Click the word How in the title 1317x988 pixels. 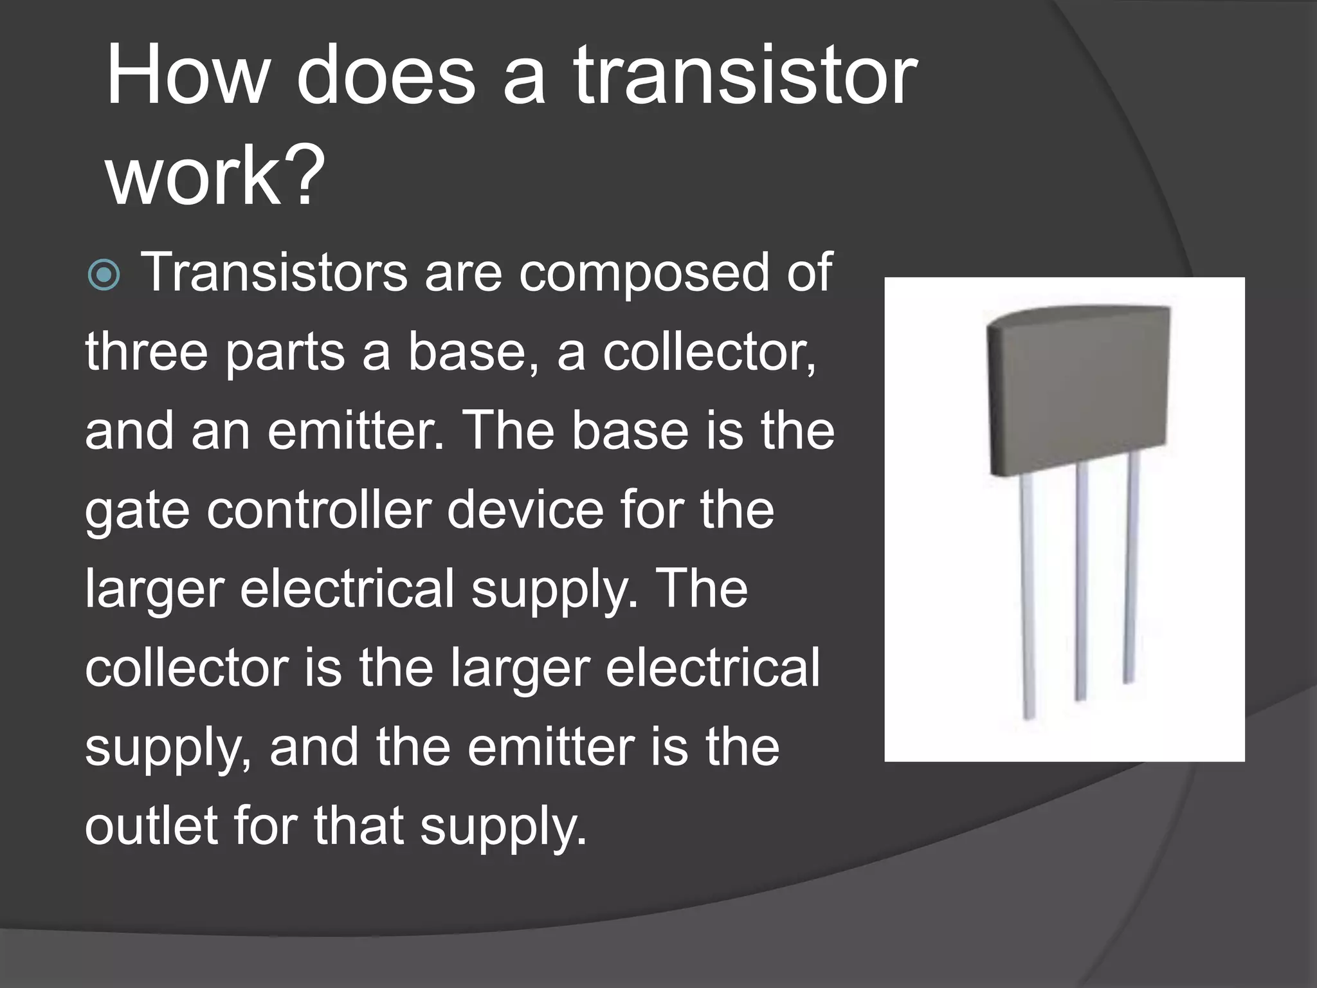click(186, 75)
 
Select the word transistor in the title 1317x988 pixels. click(746, 75)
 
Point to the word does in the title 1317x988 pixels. click(385, 75)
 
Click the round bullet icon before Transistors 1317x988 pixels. click(104, 275)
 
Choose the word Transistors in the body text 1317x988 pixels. click(274, 273)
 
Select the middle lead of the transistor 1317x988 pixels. click(1081, 579)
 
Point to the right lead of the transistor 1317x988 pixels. click(1131, 566)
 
